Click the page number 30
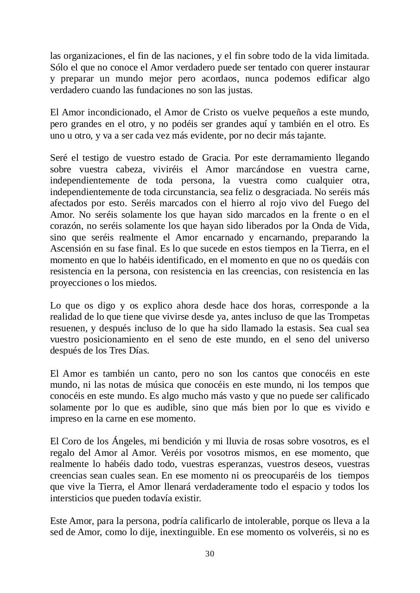[x=210, y=554]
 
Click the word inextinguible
[x=186, y=532]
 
